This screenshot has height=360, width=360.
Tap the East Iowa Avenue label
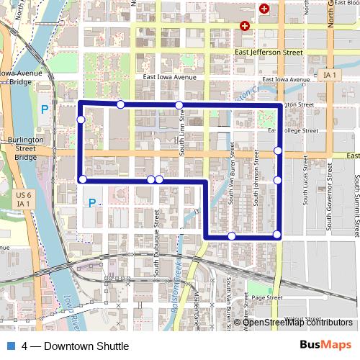pyautogui.click(x=169, y=78)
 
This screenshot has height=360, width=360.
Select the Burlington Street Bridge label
pyautogui.click(x=25, y=148)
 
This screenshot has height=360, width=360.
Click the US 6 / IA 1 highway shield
pyautogui.click(x=24, y=199)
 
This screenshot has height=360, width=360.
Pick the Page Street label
pyautogui.click(x=265, y=297)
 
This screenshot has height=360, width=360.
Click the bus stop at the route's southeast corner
pyautogui.click(x=277, y=235)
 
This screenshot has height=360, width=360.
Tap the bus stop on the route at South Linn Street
pyautogui.click(x=179, y=106)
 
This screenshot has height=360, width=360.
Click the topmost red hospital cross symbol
pyautogui.click(x=264, y=9)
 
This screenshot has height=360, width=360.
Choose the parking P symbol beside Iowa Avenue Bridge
pyautogui.click(x=45, y=109)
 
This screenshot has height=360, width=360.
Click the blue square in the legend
pyautogui.click(x=10, y=346)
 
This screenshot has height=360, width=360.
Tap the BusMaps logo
pyautogui.click(x=325, y=345)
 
